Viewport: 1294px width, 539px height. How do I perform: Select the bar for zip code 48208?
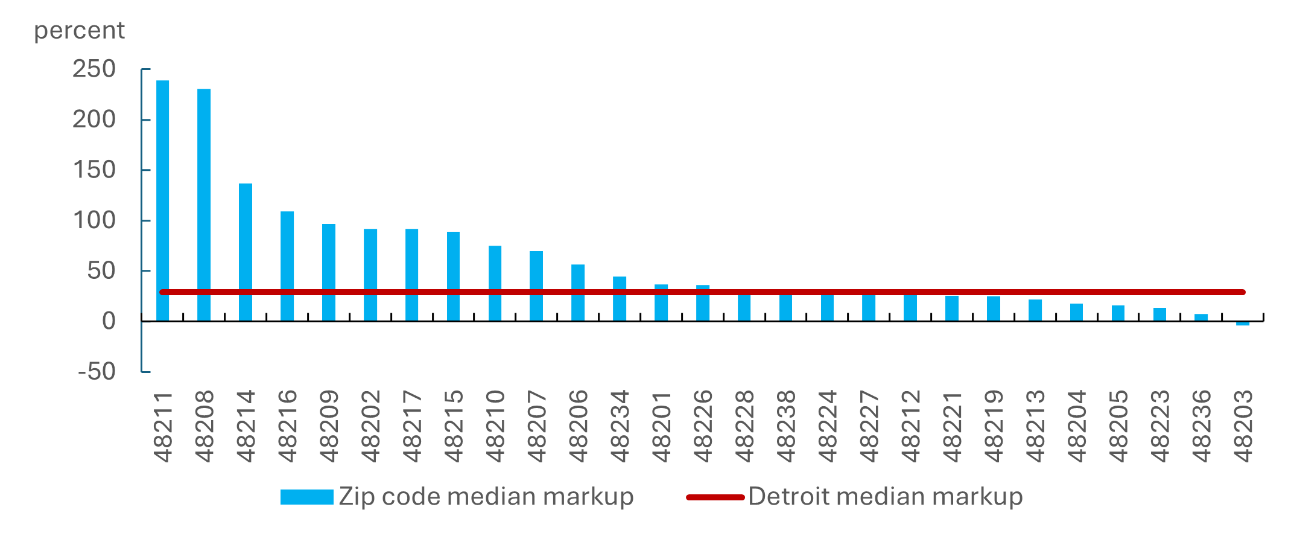tap(204, 205)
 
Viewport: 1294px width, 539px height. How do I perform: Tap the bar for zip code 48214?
tap(246, 252)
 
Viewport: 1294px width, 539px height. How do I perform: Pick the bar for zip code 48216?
tap(287, 266)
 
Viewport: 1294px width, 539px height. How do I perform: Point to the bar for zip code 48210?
tap(495, 283)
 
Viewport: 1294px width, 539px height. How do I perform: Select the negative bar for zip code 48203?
tap(1243, 324)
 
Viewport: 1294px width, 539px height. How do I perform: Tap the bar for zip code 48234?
tap(620, 298)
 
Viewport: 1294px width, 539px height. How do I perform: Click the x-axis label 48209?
tap(329, 426)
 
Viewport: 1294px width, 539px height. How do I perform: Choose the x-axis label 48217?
tap(413, 426)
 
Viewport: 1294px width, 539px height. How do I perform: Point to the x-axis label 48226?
tap(703, 426)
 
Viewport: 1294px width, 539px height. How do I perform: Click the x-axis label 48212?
tap(911, 426)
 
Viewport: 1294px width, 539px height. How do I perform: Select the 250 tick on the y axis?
tap(94, 69)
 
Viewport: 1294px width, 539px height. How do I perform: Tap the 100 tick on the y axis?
tap(94, 220)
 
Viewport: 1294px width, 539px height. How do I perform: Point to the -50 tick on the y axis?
tap(97, 371)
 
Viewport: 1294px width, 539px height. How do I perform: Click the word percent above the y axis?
tap(79, 31)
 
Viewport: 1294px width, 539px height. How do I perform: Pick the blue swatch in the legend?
tap(306, 497)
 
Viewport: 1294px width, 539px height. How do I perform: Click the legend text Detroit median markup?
tap(886, 497)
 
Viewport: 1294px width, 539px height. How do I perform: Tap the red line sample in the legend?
tap(715, 497)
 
